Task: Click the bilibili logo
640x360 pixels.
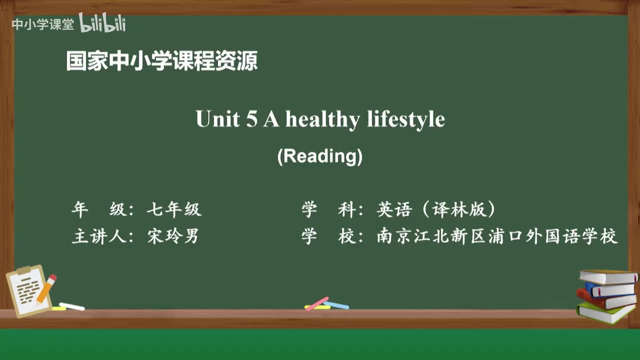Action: coord(102,23)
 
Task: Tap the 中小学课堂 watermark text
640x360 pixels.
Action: coord(42,24)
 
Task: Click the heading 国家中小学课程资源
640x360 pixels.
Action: coord(161,61)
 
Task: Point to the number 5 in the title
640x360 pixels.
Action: coord(251,120)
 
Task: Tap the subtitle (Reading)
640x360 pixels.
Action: coord(320,156)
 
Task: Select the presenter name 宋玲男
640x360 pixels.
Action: coord(173,236)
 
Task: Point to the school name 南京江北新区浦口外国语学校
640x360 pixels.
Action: coord(497,236)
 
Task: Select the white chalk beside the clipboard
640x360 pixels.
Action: coord(71,306)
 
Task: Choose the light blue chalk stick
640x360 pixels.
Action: coord(336,305)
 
